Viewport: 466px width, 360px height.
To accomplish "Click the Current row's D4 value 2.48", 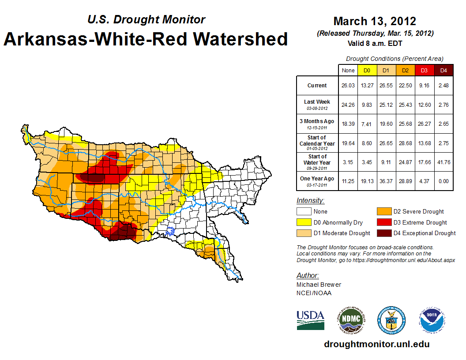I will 443,86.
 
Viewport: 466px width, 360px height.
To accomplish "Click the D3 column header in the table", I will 424,70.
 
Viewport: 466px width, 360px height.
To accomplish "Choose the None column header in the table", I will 348,70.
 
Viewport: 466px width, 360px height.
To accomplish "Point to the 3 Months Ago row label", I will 317,124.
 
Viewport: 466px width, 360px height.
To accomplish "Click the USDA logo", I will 310,320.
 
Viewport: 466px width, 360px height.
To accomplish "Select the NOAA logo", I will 432,320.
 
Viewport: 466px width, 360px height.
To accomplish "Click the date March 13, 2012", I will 375,21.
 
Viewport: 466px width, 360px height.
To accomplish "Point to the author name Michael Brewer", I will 319,285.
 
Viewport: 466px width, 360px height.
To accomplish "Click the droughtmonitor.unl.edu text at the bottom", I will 376,344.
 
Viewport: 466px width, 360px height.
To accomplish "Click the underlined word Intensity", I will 310,201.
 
